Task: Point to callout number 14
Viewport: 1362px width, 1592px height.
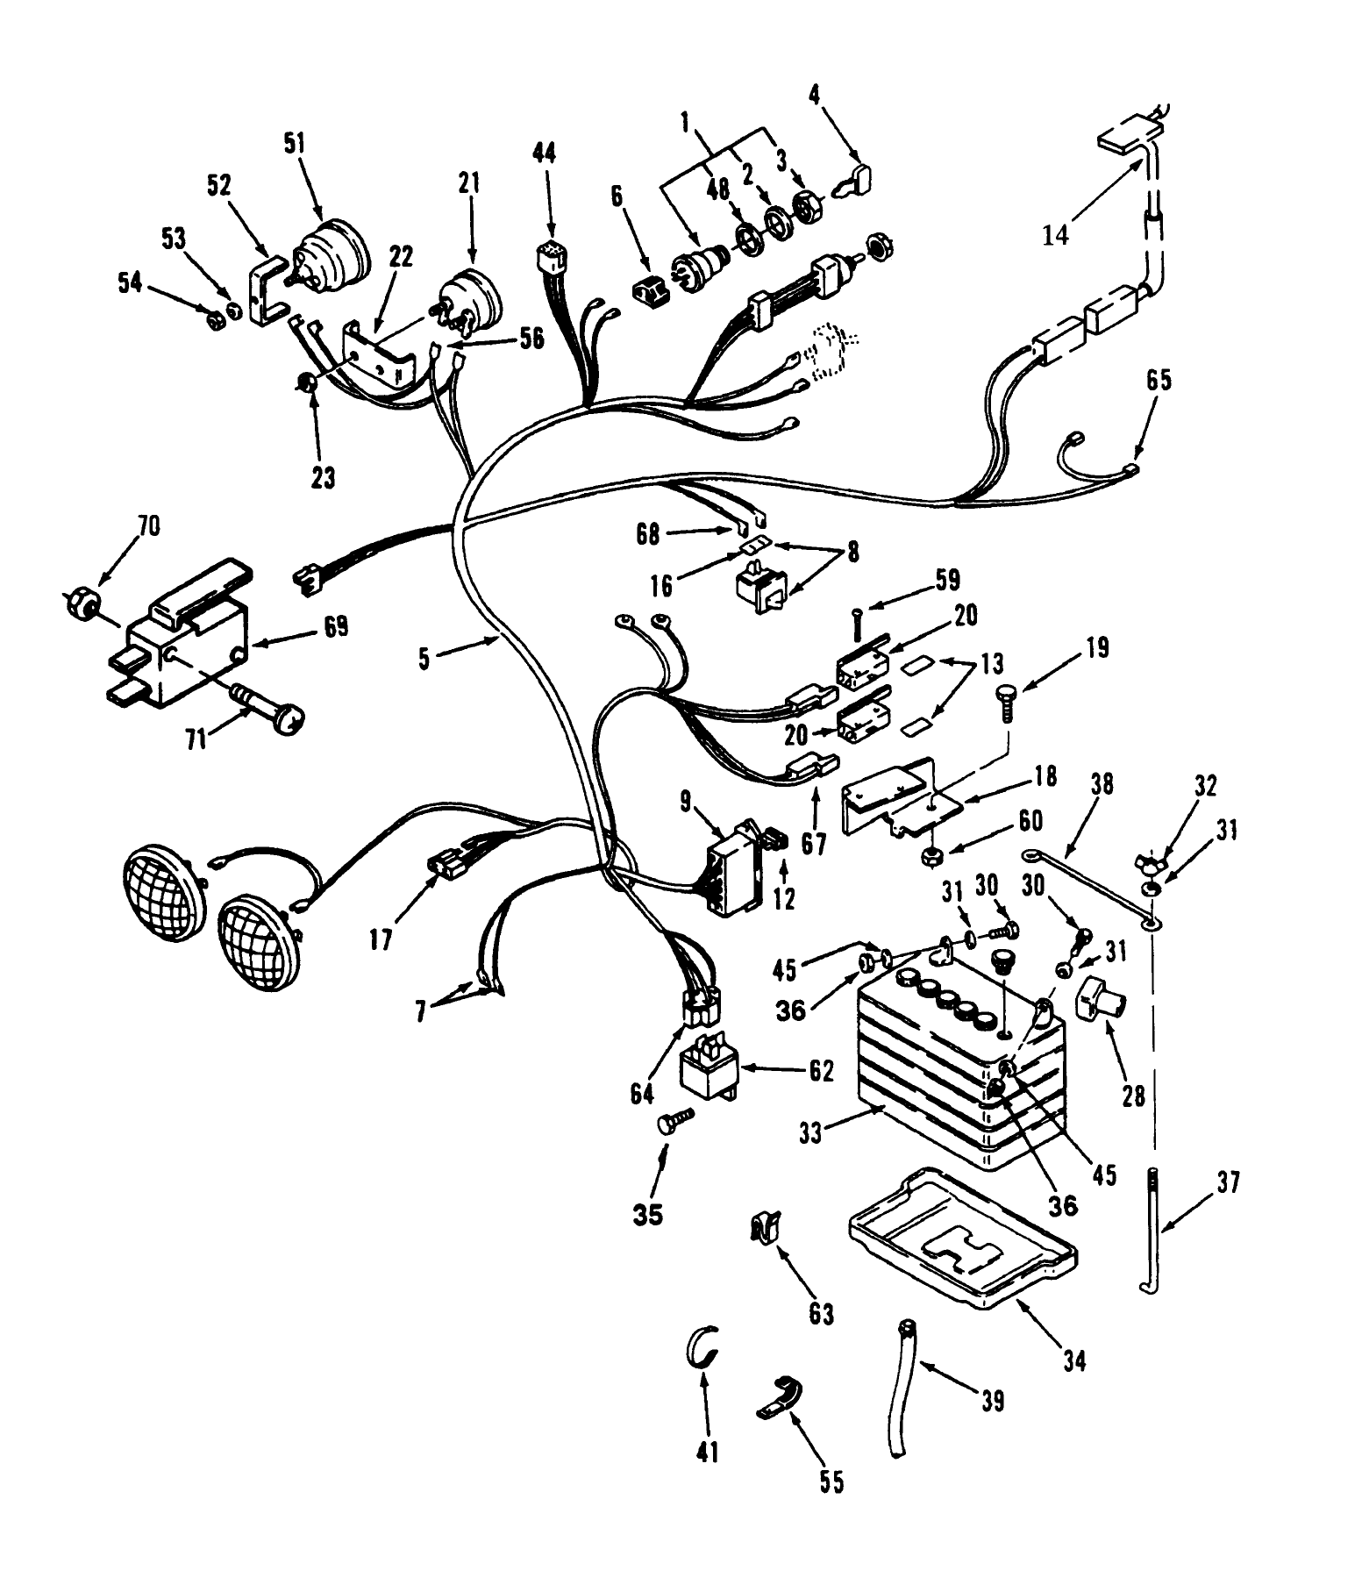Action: pyautogui.click(x=1056, y=234)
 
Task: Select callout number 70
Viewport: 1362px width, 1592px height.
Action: pyautogui.click(x=148, y=526)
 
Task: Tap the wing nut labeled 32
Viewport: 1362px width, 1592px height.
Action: pyautogui.click(x=1148, y=860)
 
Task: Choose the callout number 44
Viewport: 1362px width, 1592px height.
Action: pyautogui.click(x=544, y=154)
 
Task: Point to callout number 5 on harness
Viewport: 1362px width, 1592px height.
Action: pyautogui.click(x=424, y=659)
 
